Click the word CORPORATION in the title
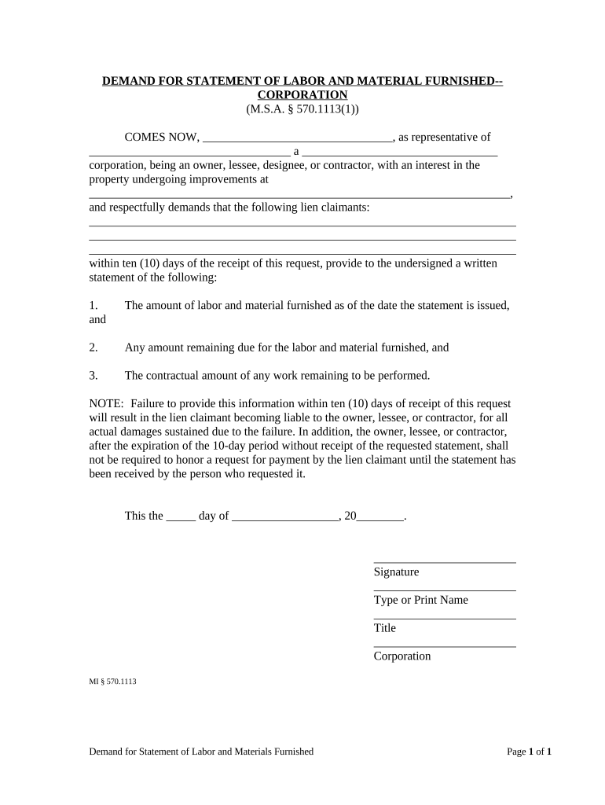302,95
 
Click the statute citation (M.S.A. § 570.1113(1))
302,109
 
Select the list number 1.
93,305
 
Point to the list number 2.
93,347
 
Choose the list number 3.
93,376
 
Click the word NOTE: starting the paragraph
106,403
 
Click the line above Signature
445,562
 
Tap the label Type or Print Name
420,600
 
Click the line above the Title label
445,619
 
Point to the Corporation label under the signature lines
402,656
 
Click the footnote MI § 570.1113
113,682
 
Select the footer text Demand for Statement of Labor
201,752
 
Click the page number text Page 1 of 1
529,752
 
